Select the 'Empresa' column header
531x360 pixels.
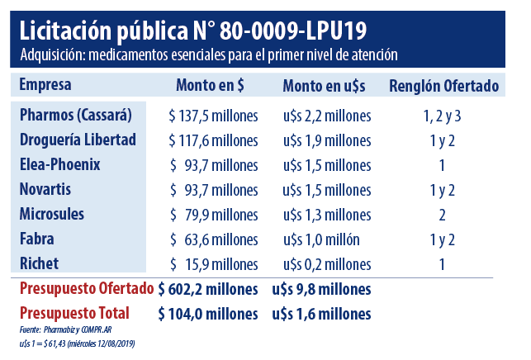45,85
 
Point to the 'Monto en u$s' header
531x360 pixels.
325,86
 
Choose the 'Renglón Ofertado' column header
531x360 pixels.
443,86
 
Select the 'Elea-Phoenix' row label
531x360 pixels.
59,165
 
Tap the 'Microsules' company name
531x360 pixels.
53,215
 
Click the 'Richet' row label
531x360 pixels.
39,264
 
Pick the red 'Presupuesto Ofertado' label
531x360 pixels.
87,289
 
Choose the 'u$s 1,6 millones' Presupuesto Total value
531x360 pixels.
321,314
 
